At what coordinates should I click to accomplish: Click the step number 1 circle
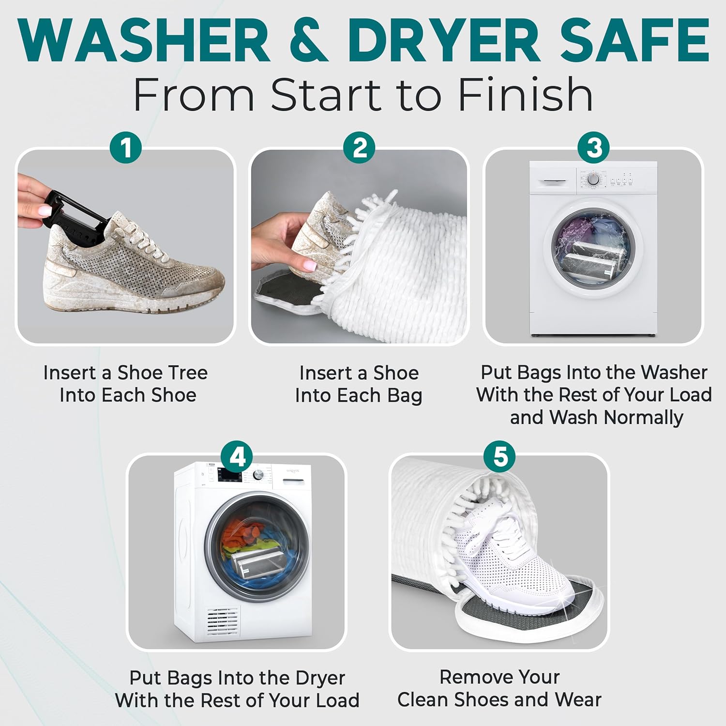tap(126, 148)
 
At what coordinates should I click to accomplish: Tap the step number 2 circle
tap(359, 148)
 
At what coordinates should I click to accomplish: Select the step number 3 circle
tap(594, 148)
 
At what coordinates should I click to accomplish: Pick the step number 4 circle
tap(237, 456)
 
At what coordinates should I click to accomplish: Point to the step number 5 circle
tap(500, 456)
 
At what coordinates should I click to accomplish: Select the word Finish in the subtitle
tap(525, 94)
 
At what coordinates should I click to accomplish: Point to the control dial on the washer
tap(593, 180)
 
